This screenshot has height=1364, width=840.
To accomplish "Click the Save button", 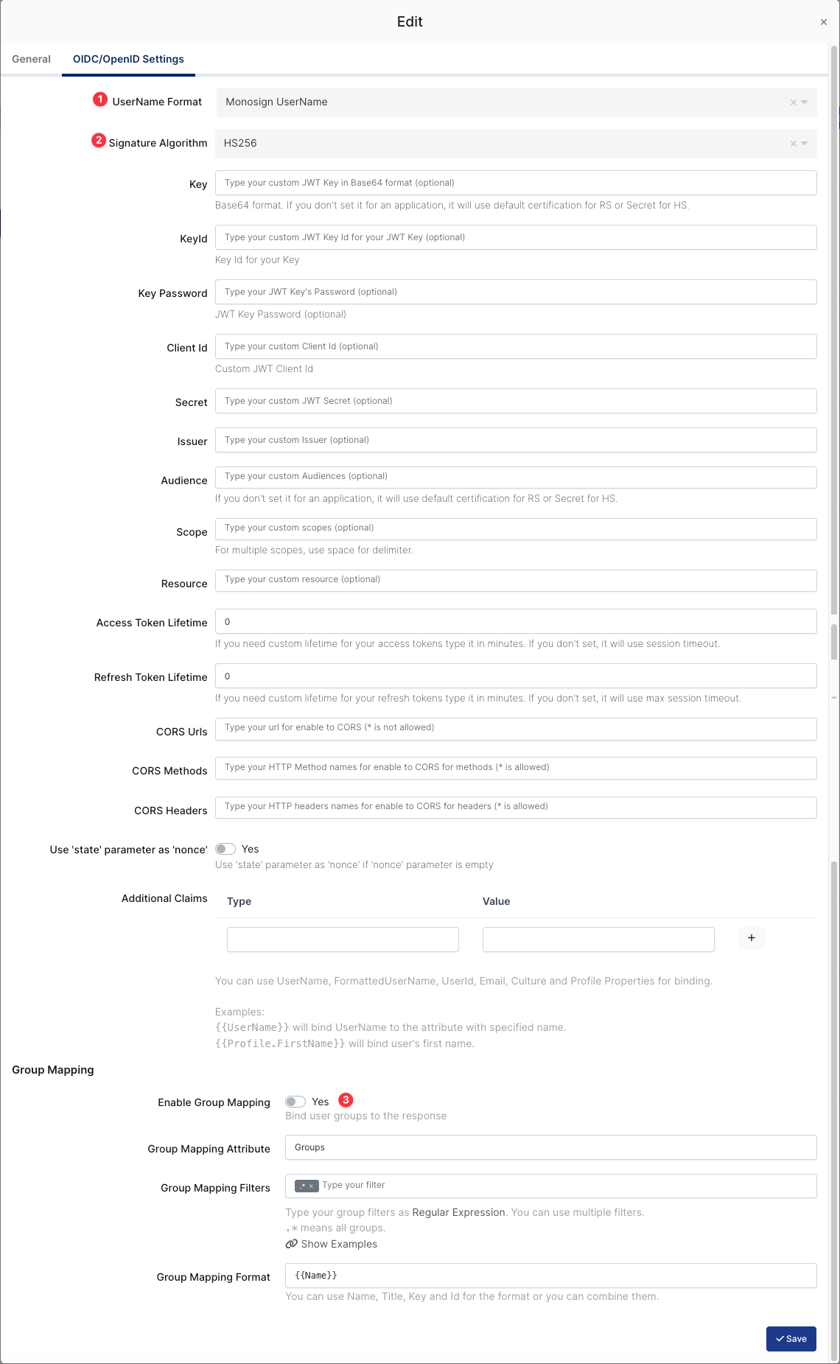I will (x=791, y=1339).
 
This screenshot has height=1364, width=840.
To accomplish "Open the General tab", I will (x=31, y=59).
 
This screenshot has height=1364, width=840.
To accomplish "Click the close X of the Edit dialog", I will (x=823, y=22).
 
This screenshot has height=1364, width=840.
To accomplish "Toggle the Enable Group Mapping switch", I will (x=295, y=1102).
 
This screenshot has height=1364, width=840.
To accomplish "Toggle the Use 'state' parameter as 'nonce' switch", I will (x=225, y=849).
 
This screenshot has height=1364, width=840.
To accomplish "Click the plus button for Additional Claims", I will (x=751, y=938).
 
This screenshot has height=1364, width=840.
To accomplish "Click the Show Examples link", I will (x=338, y=1244).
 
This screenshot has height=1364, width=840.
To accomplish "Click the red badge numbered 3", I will (x=346, y=1100).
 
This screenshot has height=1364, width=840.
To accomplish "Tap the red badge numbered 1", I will (x=100, y=99).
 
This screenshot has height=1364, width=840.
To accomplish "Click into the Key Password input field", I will (x=516, y=292).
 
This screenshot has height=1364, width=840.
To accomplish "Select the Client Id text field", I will (x=516, y=346).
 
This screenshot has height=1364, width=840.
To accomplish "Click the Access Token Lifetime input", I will (x=516, y=621).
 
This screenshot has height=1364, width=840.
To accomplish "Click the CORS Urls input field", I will (x=516, y=728).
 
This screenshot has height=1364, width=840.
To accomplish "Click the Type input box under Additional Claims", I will (x=343, y=940).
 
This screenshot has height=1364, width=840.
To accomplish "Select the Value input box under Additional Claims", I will (x=598, y=940).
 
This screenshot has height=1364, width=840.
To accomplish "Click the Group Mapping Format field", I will (x=550, y=1276).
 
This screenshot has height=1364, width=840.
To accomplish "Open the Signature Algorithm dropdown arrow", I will (x=805, y=144).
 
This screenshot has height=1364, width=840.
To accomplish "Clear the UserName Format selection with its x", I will (x=793, y=102).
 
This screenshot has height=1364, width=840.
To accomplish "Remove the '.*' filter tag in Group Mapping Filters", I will (x=312, y=1186).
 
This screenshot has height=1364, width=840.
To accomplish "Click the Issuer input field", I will (x=516, y=440).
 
